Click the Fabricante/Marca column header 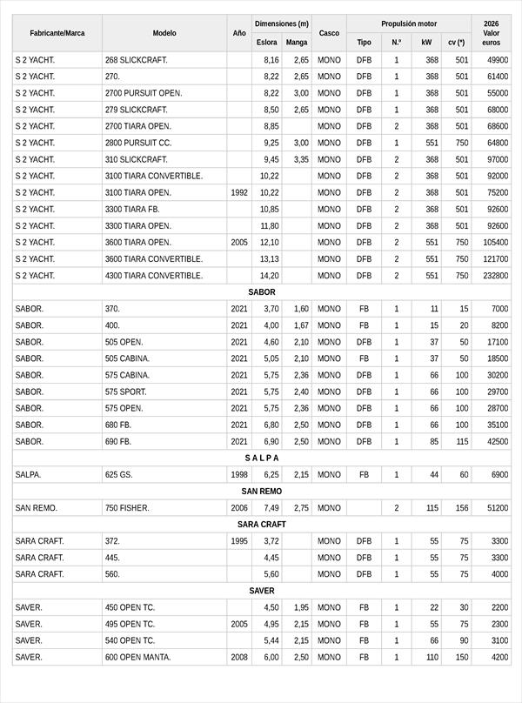pos(57,33)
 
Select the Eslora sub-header pos(267,42)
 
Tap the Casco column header pos(329,33)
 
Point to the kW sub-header pos(425,42)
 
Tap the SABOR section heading pos(261,292)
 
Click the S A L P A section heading pos(261,458)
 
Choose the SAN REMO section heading pos(261,491)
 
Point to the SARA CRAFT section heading pos(261,525)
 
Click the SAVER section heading pos(261,591)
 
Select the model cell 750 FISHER pos(127,508)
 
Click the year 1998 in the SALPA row pos(239,475)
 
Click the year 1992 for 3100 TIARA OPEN pos(239,193)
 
